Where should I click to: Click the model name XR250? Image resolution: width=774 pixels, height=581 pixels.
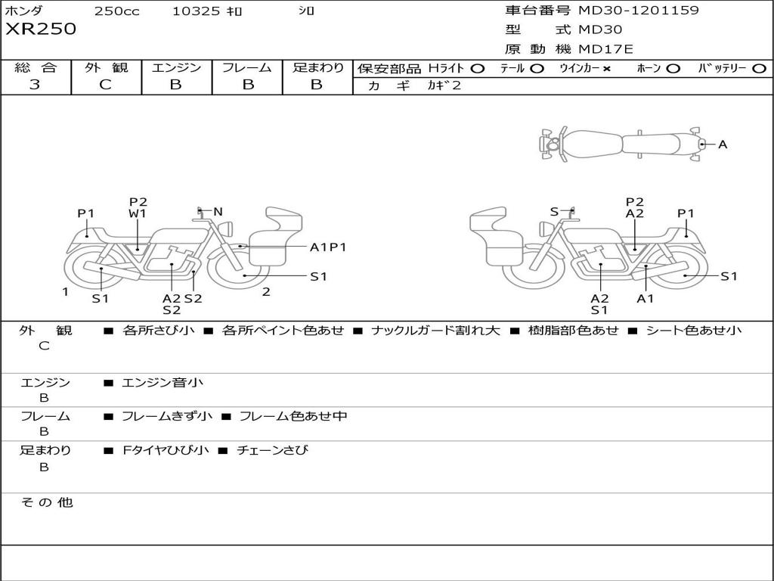pyautogui.click(x=41, y=30)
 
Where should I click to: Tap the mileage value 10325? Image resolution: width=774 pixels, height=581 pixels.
pyautogui.click(x=196, y=11)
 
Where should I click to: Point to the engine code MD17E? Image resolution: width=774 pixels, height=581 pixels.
pyautogui.click(x=606, y=49)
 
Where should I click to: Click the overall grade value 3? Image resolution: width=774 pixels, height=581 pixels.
pyautogui.click(x=35, y=84)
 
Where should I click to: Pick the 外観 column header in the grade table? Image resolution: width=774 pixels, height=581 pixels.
pyautogui.click(x=106, y=67)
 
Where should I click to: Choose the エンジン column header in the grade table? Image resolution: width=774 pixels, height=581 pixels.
pyautogui.click(x=176, y=67)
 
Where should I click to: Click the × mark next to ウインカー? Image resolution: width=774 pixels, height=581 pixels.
pyautogui.click(x=606, y=68)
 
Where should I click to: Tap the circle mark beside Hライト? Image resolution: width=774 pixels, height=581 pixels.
pyautogui.click(x=477, y=68)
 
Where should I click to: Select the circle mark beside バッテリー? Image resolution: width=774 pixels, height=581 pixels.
pyautogui.click(x=759, y=68)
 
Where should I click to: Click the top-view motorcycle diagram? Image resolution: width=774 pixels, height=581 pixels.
pyautogui.click(x=621, y=143)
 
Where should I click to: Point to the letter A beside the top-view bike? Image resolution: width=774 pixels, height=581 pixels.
pyautogui.click(x=723, y=144)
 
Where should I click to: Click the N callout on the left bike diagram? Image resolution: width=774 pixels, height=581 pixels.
pyautogui.click(x=218, y=212)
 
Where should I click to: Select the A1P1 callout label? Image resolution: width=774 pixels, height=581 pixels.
pyautogui.click(x=327, y=247)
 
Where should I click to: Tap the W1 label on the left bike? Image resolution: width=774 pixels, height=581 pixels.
pyautogui.click(x=138, y=214)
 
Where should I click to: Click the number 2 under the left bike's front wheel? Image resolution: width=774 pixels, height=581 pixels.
pyautogui.click(x=266, y=292)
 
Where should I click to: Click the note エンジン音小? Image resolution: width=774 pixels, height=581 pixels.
pyautogui.click(x=162, y=383)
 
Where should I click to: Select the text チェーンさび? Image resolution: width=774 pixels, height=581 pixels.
pyautogui.click(x=272, y=450)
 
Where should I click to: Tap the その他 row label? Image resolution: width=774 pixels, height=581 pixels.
pyautogui.click(x=47, y=502)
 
